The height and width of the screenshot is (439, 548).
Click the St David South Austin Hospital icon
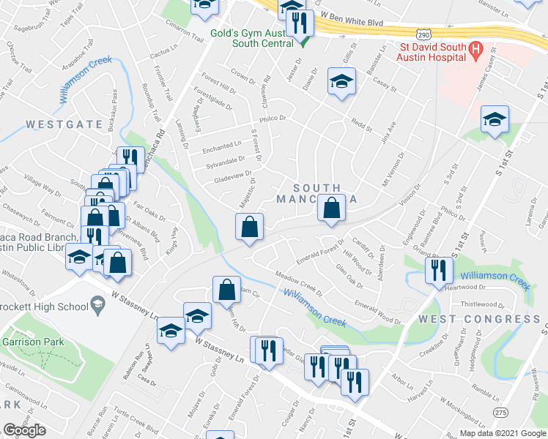476,50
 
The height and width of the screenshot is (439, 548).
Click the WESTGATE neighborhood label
64,124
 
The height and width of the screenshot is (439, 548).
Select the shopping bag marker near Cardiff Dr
333,208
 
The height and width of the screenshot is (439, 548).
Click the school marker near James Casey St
495,119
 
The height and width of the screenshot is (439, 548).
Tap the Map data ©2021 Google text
503,433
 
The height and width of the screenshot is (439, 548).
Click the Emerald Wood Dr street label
377,312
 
